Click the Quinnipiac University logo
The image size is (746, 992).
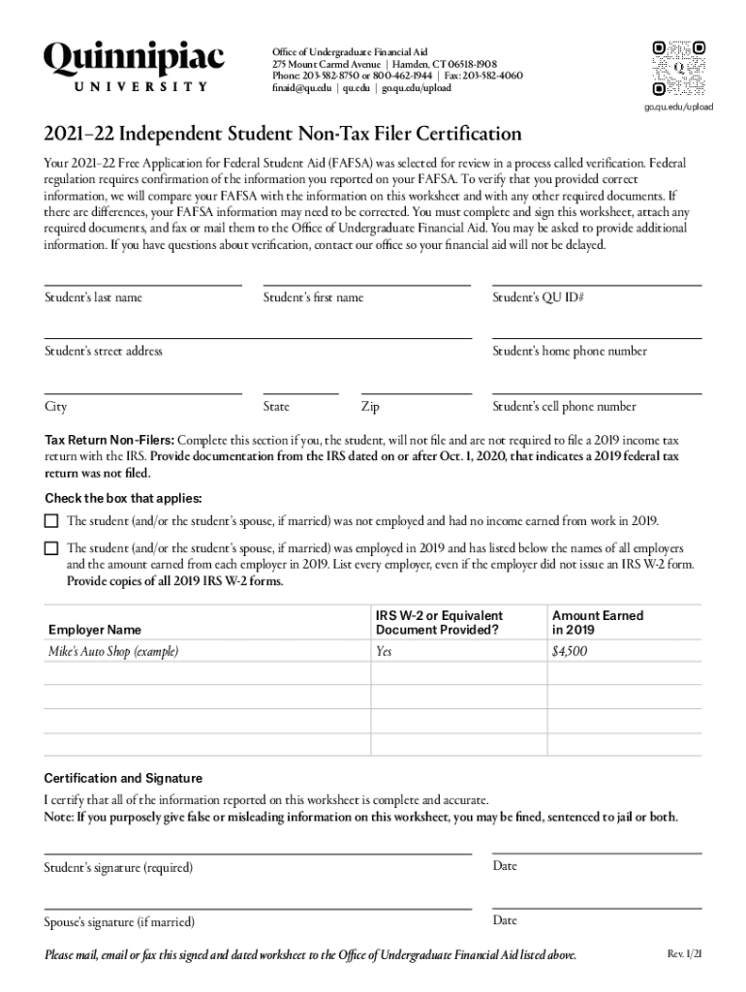point(134,66)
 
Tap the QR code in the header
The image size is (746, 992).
point(678,67)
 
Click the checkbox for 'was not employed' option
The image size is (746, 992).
point(51,520)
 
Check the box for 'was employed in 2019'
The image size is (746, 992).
point(51,548)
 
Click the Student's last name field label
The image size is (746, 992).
point(93,297)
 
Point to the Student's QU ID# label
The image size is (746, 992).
point(538,297)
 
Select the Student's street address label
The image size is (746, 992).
point(104,351)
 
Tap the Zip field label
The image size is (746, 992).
point(370,407)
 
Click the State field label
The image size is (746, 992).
point(276,407)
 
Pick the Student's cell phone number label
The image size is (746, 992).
point(565,407)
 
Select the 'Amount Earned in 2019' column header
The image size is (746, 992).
point(597,622)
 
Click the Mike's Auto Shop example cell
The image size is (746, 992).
point(113,652)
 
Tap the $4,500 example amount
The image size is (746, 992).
point(570,652)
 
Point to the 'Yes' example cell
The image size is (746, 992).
point(384,652)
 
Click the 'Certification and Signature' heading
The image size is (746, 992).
point(123,778)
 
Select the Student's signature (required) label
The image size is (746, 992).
point(118,867)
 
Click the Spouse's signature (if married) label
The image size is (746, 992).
point(119,921)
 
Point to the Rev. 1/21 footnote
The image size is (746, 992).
point(684,954)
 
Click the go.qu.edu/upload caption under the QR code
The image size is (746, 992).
point(678,106)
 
